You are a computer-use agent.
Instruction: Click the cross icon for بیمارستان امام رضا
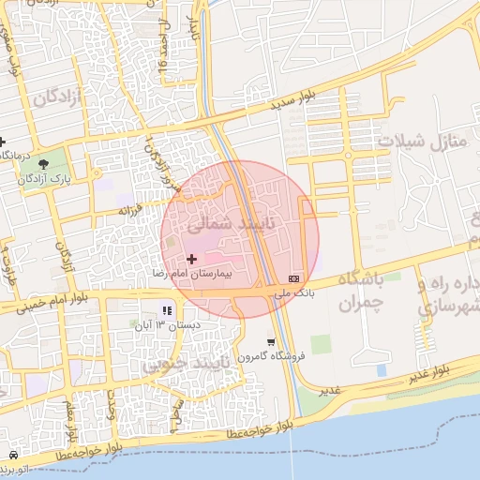click(x=192, y=258)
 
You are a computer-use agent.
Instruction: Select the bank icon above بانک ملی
click(x=294, y=278)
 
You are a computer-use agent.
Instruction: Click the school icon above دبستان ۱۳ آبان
click(x=167, y=310)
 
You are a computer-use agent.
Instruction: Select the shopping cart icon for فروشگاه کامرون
click(x=271, y=342)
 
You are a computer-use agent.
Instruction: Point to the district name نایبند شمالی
click(x=219, y=225)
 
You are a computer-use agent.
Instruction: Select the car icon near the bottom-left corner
click(x=12, y=455)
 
